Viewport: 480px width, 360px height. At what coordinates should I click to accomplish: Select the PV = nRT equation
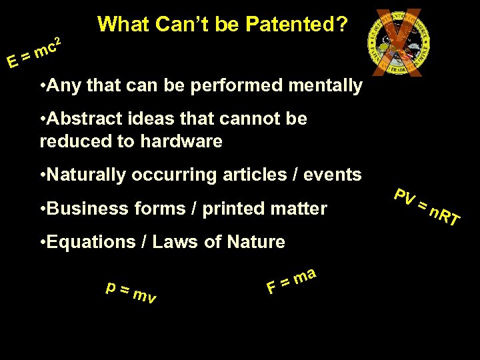click(427, 207)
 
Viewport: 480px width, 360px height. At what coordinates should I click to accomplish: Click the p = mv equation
click(131, 291)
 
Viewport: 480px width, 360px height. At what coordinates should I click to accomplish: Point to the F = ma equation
click(291, 279)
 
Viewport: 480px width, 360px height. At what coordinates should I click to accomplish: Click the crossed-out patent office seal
click(395, 41)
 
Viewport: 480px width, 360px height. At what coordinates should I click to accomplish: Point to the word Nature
click(255, 242)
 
